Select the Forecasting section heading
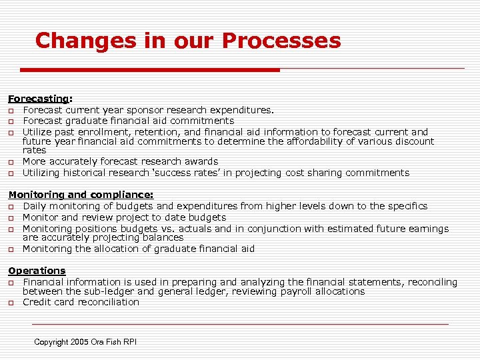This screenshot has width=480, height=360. [38, 99]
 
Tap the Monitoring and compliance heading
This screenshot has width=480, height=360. [80, 195]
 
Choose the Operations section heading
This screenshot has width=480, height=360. [37, 271]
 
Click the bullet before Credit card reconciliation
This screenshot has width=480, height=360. [11, 303]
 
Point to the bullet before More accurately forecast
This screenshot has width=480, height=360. [11, 162]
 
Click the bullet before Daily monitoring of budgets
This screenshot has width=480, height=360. [11, 207]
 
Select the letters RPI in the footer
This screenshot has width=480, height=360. [129, 342]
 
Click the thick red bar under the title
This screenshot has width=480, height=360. [150, 69]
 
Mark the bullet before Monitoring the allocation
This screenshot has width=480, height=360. [11, 249]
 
